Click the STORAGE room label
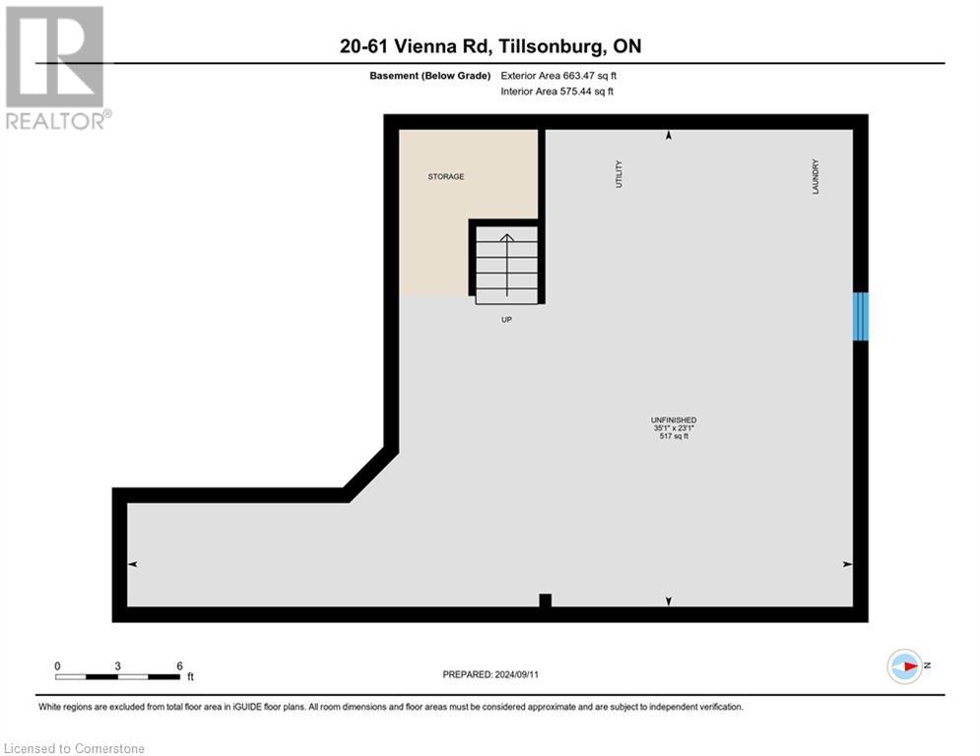(x=445, y=177)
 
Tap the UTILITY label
(x=619, y=175)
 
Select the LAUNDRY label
(x=816, y=176)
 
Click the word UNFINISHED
(x=674, y=420)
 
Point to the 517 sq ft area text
(x=674, y=436)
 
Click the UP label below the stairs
(x=506, y=319)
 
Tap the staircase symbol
(x=507, y=264)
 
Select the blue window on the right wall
(x=861, y=316)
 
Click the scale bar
(x=118, y=676)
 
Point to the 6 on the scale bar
(x=179, y=665)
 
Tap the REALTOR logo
(x=56, y=68)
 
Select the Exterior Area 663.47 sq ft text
(x=558, y=75)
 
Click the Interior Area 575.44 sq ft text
(x=556, y=92)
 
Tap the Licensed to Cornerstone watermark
(x=75, y=749)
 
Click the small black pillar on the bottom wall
(x=545, y=600)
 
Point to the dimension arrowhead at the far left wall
(x=133, y=564)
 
